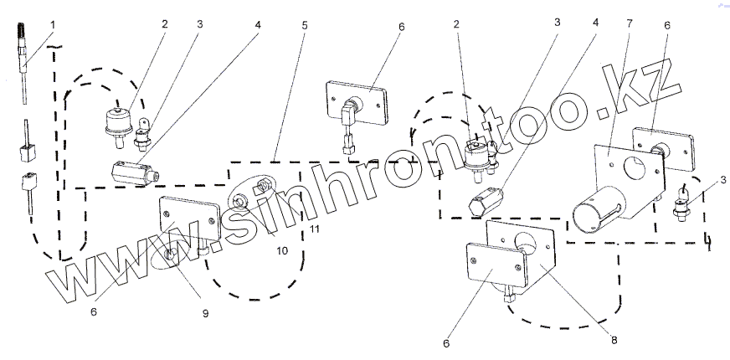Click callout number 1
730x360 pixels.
53,25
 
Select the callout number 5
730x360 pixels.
304,25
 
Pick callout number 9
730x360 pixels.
204,313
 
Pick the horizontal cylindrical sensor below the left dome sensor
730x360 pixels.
132,172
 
